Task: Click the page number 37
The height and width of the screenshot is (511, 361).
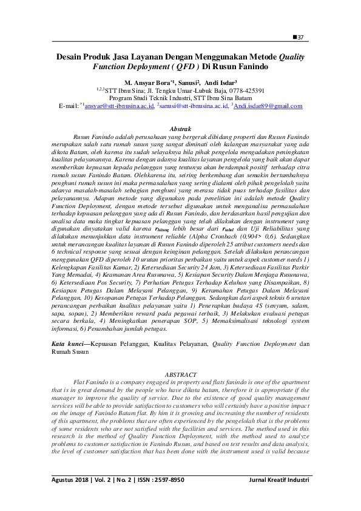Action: tap(300, 38)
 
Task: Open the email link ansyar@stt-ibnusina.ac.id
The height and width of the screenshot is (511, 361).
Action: tap(119, 106)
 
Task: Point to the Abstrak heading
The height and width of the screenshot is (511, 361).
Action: tap(180, 129)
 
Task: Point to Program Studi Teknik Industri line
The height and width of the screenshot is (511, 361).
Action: tap(180, 97)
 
